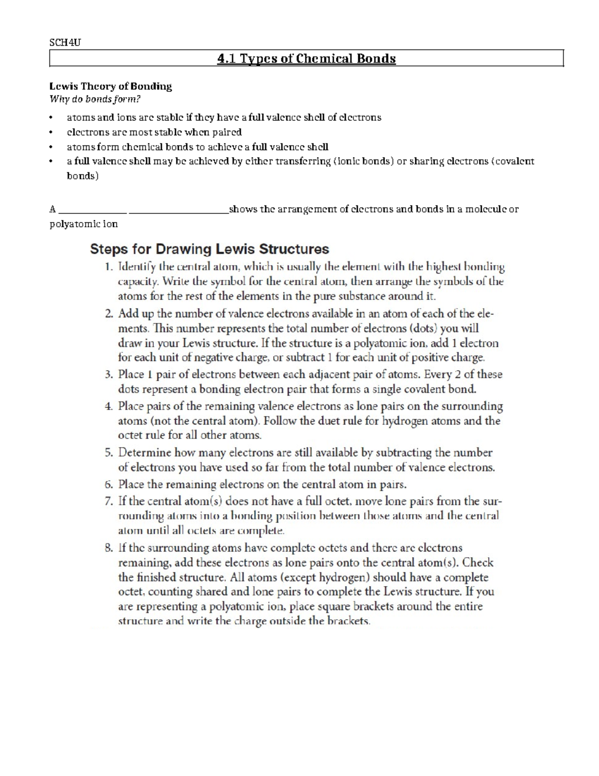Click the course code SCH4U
[x=65, y=42]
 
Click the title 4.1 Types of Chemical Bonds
[x=306, y=59]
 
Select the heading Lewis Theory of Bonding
[x=110, y=86]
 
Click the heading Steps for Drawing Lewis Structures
[x=209, y=249]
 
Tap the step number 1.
[x=109, y=267]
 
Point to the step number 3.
[x=109, y=375]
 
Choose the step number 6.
[x=109, y=485]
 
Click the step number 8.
[x=109, y=548]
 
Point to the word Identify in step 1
[x=136, y=267]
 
